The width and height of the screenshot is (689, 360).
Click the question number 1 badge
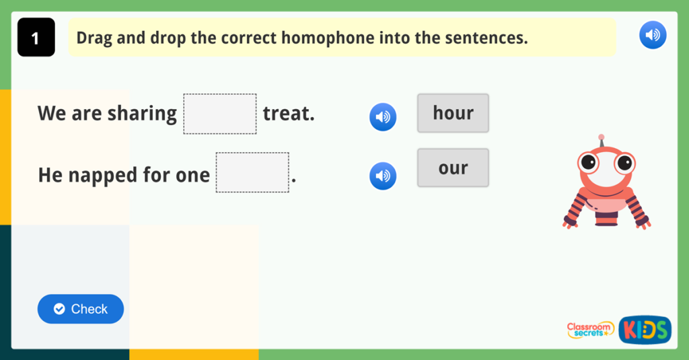tap(36, 38)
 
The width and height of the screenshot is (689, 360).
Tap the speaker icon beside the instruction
tap(652, 35)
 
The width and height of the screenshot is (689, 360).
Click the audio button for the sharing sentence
tap(383, 117)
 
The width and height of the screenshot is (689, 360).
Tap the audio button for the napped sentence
tap(383, 176)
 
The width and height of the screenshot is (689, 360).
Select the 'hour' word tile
tap(453, 113)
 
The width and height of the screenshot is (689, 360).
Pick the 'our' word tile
tap(453, 168)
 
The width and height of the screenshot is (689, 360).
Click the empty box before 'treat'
tap(220, 114)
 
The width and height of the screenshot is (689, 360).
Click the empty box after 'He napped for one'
tap(252, 173)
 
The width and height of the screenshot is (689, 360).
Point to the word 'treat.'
tap(289, 114)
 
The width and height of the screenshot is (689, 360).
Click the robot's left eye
tap(589, 161)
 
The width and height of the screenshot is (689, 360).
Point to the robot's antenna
tap(601, 139)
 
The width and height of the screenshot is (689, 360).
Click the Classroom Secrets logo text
tap(590, 330)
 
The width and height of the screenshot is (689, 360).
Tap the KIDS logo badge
tap(644, 330)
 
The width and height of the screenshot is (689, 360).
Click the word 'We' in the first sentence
tap(52, 114)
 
